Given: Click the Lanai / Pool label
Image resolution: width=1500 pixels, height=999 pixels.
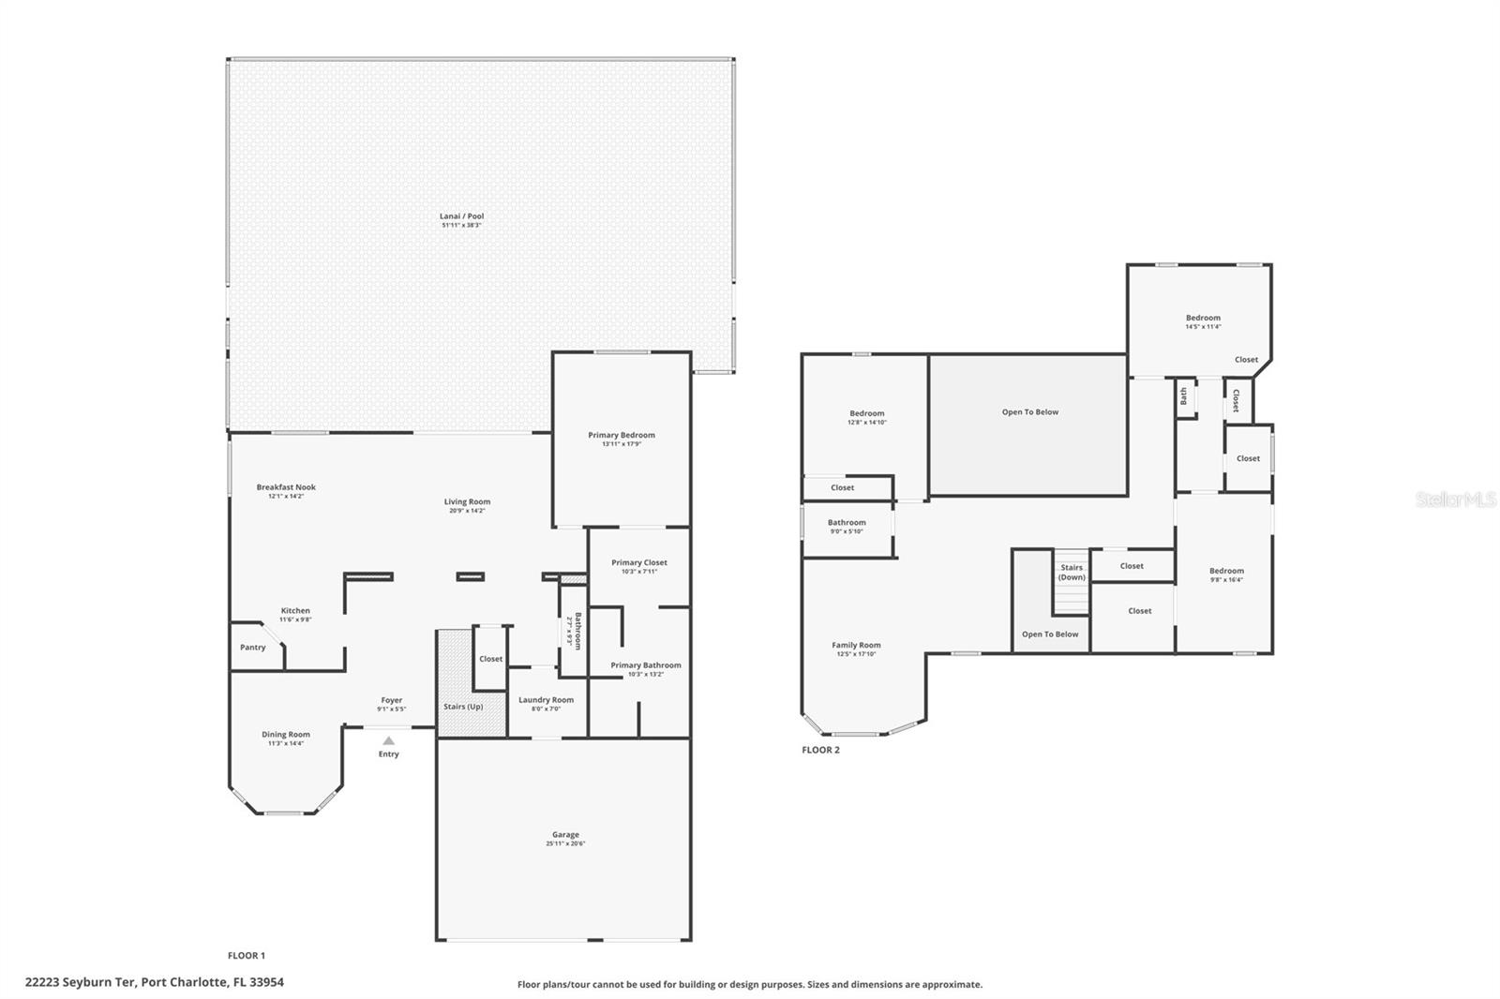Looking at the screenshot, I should tap(461, 216).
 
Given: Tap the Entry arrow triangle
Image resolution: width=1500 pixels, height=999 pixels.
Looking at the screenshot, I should tap(388, 740).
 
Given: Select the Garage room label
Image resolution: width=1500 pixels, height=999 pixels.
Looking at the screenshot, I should tap(565, 834).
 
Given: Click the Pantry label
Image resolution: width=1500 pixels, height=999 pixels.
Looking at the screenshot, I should tap(252, 648).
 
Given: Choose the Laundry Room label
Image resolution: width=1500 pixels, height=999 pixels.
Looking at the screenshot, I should tap(546, 700).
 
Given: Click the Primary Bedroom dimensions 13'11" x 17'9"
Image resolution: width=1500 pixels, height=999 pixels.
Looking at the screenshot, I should tap(622, 444).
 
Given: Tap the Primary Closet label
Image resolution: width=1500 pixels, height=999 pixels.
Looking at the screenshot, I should tap(639, 562).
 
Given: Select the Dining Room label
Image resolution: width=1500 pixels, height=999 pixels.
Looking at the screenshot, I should tap(286, 735).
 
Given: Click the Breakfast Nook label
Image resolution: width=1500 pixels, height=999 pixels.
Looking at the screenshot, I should tap(286, 487).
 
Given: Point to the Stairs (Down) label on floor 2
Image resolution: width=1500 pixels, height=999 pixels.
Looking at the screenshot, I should tap(1072, 572).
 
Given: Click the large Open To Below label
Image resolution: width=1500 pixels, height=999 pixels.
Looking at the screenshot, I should tap(1029, 412).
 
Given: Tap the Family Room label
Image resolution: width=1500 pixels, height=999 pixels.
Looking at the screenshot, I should tap(856, 645).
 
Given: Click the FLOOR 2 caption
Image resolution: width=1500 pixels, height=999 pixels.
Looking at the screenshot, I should tap(820, 750).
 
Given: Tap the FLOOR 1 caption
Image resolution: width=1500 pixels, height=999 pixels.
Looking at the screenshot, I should tap(247, 956).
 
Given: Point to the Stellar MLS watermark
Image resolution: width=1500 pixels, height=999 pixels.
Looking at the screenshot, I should tap(1455, 499).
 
